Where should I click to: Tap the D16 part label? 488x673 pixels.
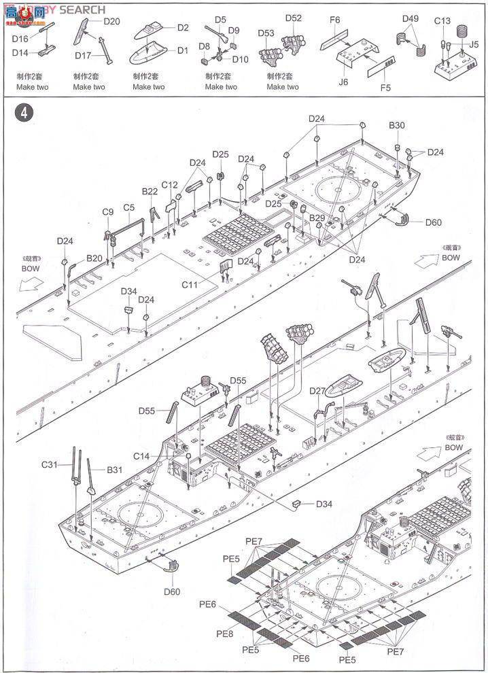pos(20,40)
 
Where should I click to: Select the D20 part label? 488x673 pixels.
pos(111,21)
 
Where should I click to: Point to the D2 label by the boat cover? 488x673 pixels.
pos(183,28)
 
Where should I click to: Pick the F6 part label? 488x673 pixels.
pos(334,20)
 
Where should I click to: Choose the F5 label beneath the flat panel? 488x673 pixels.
pos(385,88)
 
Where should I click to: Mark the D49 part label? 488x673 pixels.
pos(411,18)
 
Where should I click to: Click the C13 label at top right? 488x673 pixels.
pos(442,21)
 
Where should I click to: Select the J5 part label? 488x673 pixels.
pos(474,45)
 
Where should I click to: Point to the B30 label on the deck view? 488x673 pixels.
pos(397,125)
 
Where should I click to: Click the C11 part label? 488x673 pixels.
pos(191,285)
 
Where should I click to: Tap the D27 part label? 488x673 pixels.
pos(317,391)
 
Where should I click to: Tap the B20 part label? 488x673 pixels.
pos(94,258)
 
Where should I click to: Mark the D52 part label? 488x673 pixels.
pos(294,18)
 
